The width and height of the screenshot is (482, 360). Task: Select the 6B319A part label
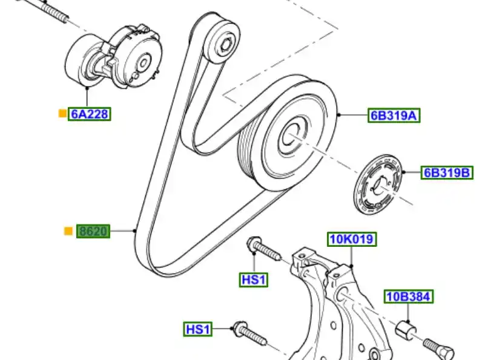point(394,115)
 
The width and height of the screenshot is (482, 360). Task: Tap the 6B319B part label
point(447,173)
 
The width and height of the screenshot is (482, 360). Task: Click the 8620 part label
point(93,231)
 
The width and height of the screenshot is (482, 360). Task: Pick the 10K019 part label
point(352,240)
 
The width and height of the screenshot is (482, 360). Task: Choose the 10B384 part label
point(409,296)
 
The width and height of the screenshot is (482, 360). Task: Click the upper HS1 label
point(254,280)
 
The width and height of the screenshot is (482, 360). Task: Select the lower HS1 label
point(198,329)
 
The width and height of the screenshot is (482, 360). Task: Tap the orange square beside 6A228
point(62,113)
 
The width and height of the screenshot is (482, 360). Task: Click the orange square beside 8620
point(68,231)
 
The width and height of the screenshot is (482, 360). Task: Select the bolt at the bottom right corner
point(441,350)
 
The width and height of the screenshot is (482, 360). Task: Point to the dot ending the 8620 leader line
point(135,231)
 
